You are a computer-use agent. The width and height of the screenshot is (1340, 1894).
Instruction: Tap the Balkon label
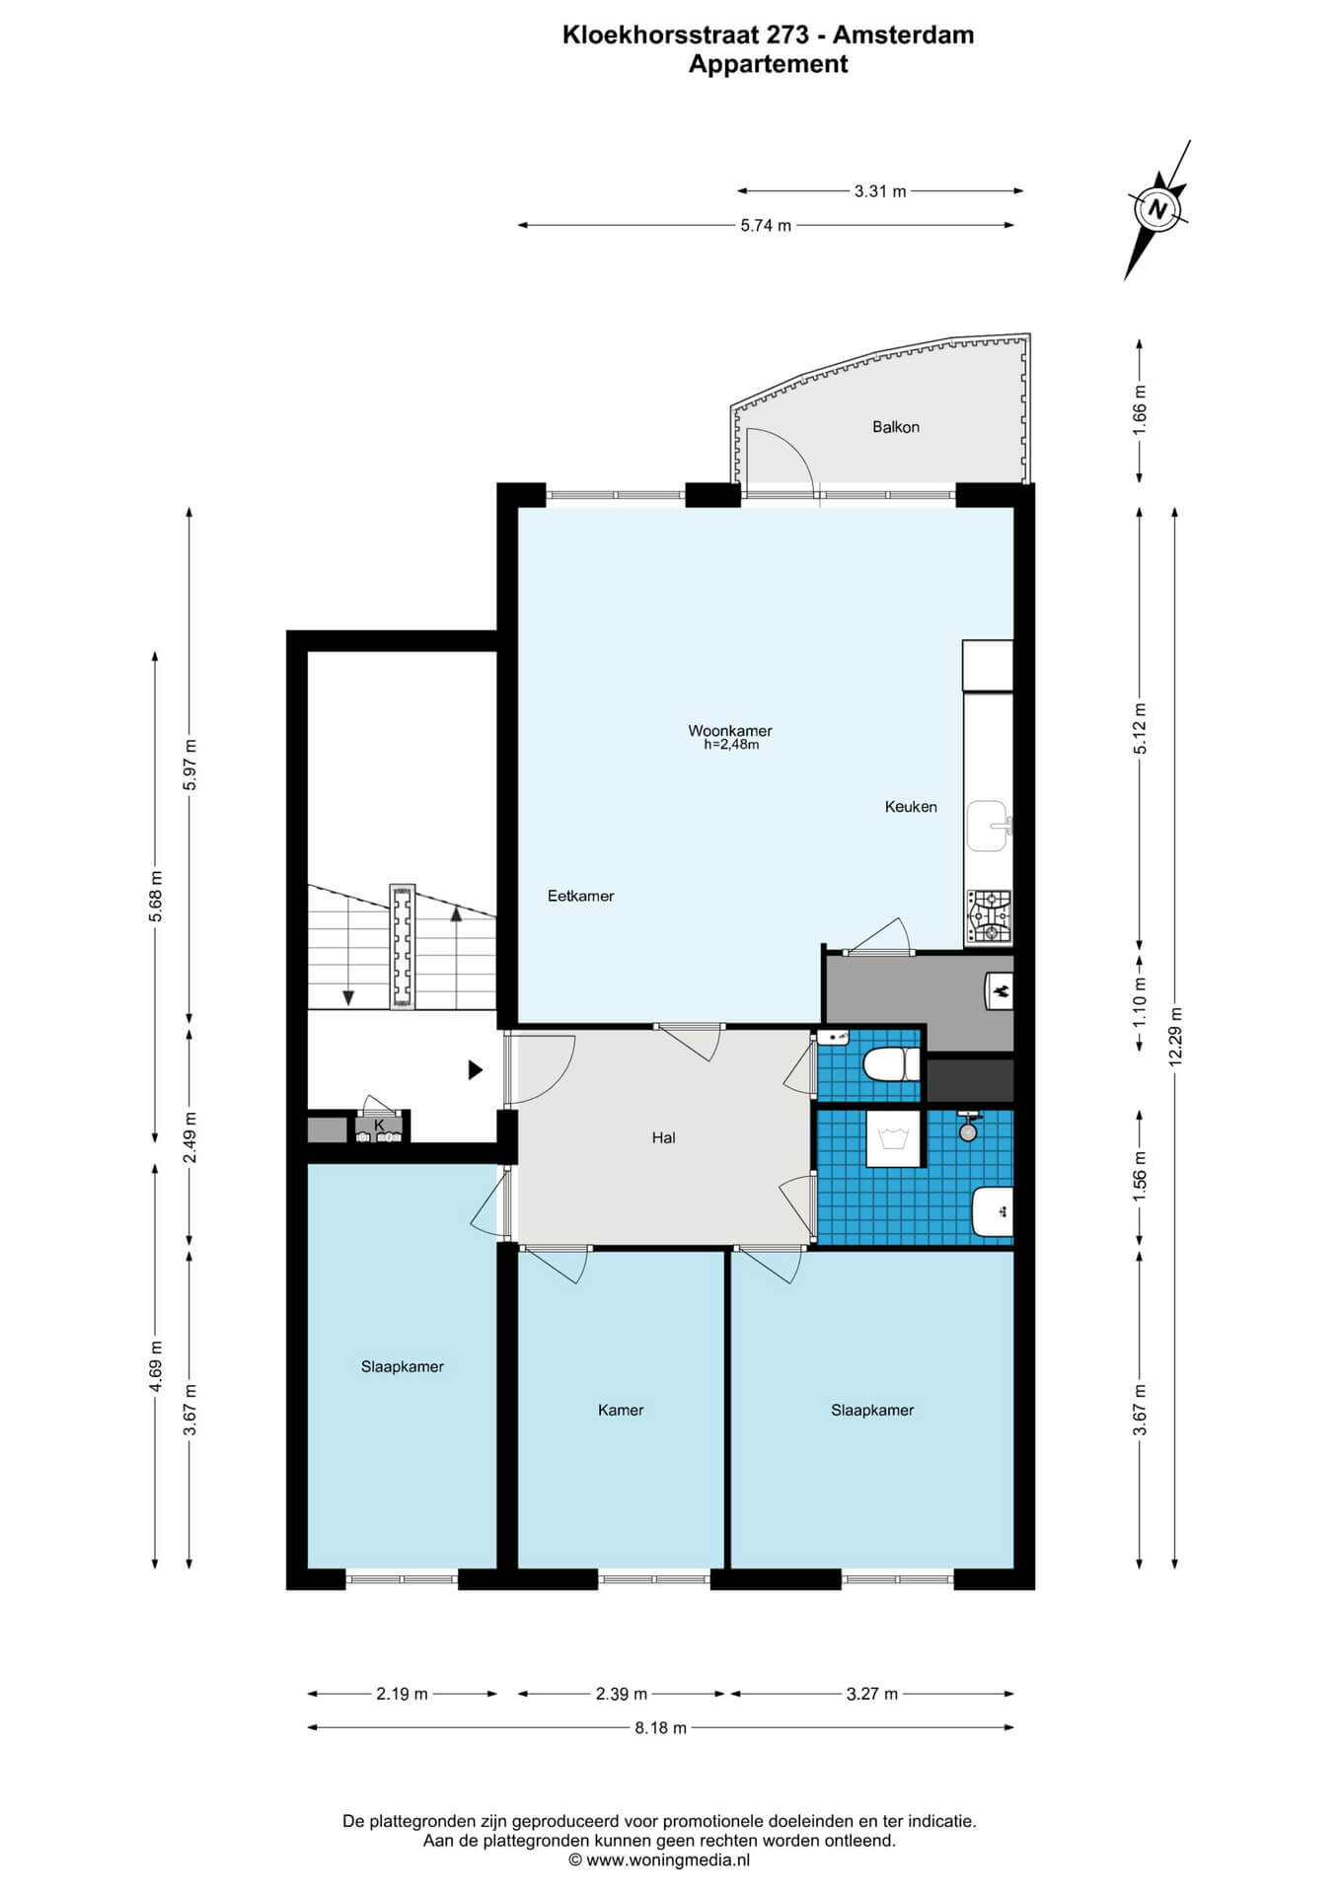pyautogui.click(x=896, y=427)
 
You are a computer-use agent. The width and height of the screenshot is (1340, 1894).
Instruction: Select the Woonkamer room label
pyautogui.click(x=730, y=731)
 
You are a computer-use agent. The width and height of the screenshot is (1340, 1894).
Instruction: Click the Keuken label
pyautogui.click(x=911, y=807)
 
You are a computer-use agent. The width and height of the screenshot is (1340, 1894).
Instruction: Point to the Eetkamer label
pyautogui.click(x=581, y=896)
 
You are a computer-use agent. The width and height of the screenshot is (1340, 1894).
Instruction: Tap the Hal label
pyautogui.click(x=664, y=1137)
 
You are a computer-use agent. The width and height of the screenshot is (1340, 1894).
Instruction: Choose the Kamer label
pyautogui.click(x=621, y=1410)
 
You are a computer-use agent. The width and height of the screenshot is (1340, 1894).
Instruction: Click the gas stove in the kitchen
pyautogui.click(x=990, y=917)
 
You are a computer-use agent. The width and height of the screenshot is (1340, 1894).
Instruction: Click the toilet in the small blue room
pyautogui.click(x=891, y=1065)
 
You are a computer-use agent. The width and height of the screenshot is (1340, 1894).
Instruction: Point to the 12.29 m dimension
pyautogui.click(x=1174, y=1037)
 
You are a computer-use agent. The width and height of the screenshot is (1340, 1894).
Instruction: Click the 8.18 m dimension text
pyautogui.click(x=661, y=1727)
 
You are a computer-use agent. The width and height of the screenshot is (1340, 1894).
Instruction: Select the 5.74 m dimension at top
pyautogui.click(x=766, y=226)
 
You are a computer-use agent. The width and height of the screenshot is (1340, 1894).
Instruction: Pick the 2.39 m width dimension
pyautogui.click(x=622, y=1694)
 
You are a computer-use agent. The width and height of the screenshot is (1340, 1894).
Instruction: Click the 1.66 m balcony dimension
pyautogui.click(x=1140, y=411)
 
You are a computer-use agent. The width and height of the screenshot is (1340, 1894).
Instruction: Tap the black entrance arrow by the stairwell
pyautogui.click(x=476, y=1069)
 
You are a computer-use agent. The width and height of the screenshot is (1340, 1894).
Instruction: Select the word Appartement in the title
pyautogui.click(x=768, y=65)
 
